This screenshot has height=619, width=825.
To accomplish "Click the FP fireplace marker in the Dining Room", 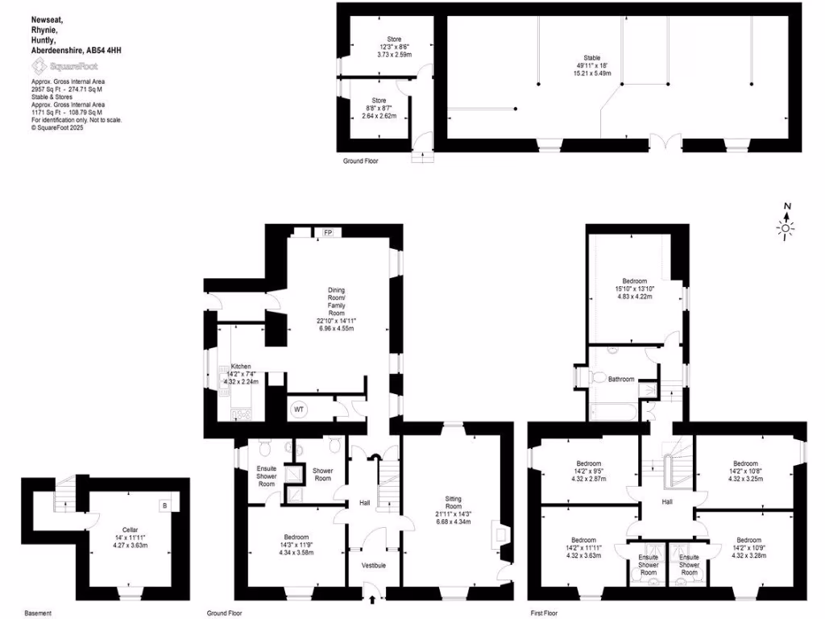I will pos(328,233).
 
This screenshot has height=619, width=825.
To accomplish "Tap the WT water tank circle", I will pos(299,409).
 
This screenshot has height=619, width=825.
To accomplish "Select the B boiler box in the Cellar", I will pos(165,505).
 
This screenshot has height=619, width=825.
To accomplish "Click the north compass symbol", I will pos(786,224).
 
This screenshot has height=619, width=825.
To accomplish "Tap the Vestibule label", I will pos(373,565).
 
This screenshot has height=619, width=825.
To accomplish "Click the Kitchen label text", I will pos(243,365).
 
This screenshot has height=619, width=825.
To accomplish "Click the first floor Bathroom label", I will pos(621,379).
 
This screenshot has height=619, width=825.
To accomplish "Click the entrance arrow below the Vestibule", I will pos(372,599).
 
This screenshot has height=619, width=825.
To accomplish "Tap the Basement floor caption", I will pos(39,613).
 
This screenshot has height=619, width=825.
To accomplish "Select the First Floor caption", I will pos(546,613).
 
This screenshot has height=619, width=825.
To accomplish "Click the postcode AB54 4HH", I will pos(105,49).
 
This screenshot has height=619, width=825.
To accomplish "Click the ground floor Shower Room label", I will pos(321,474).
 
